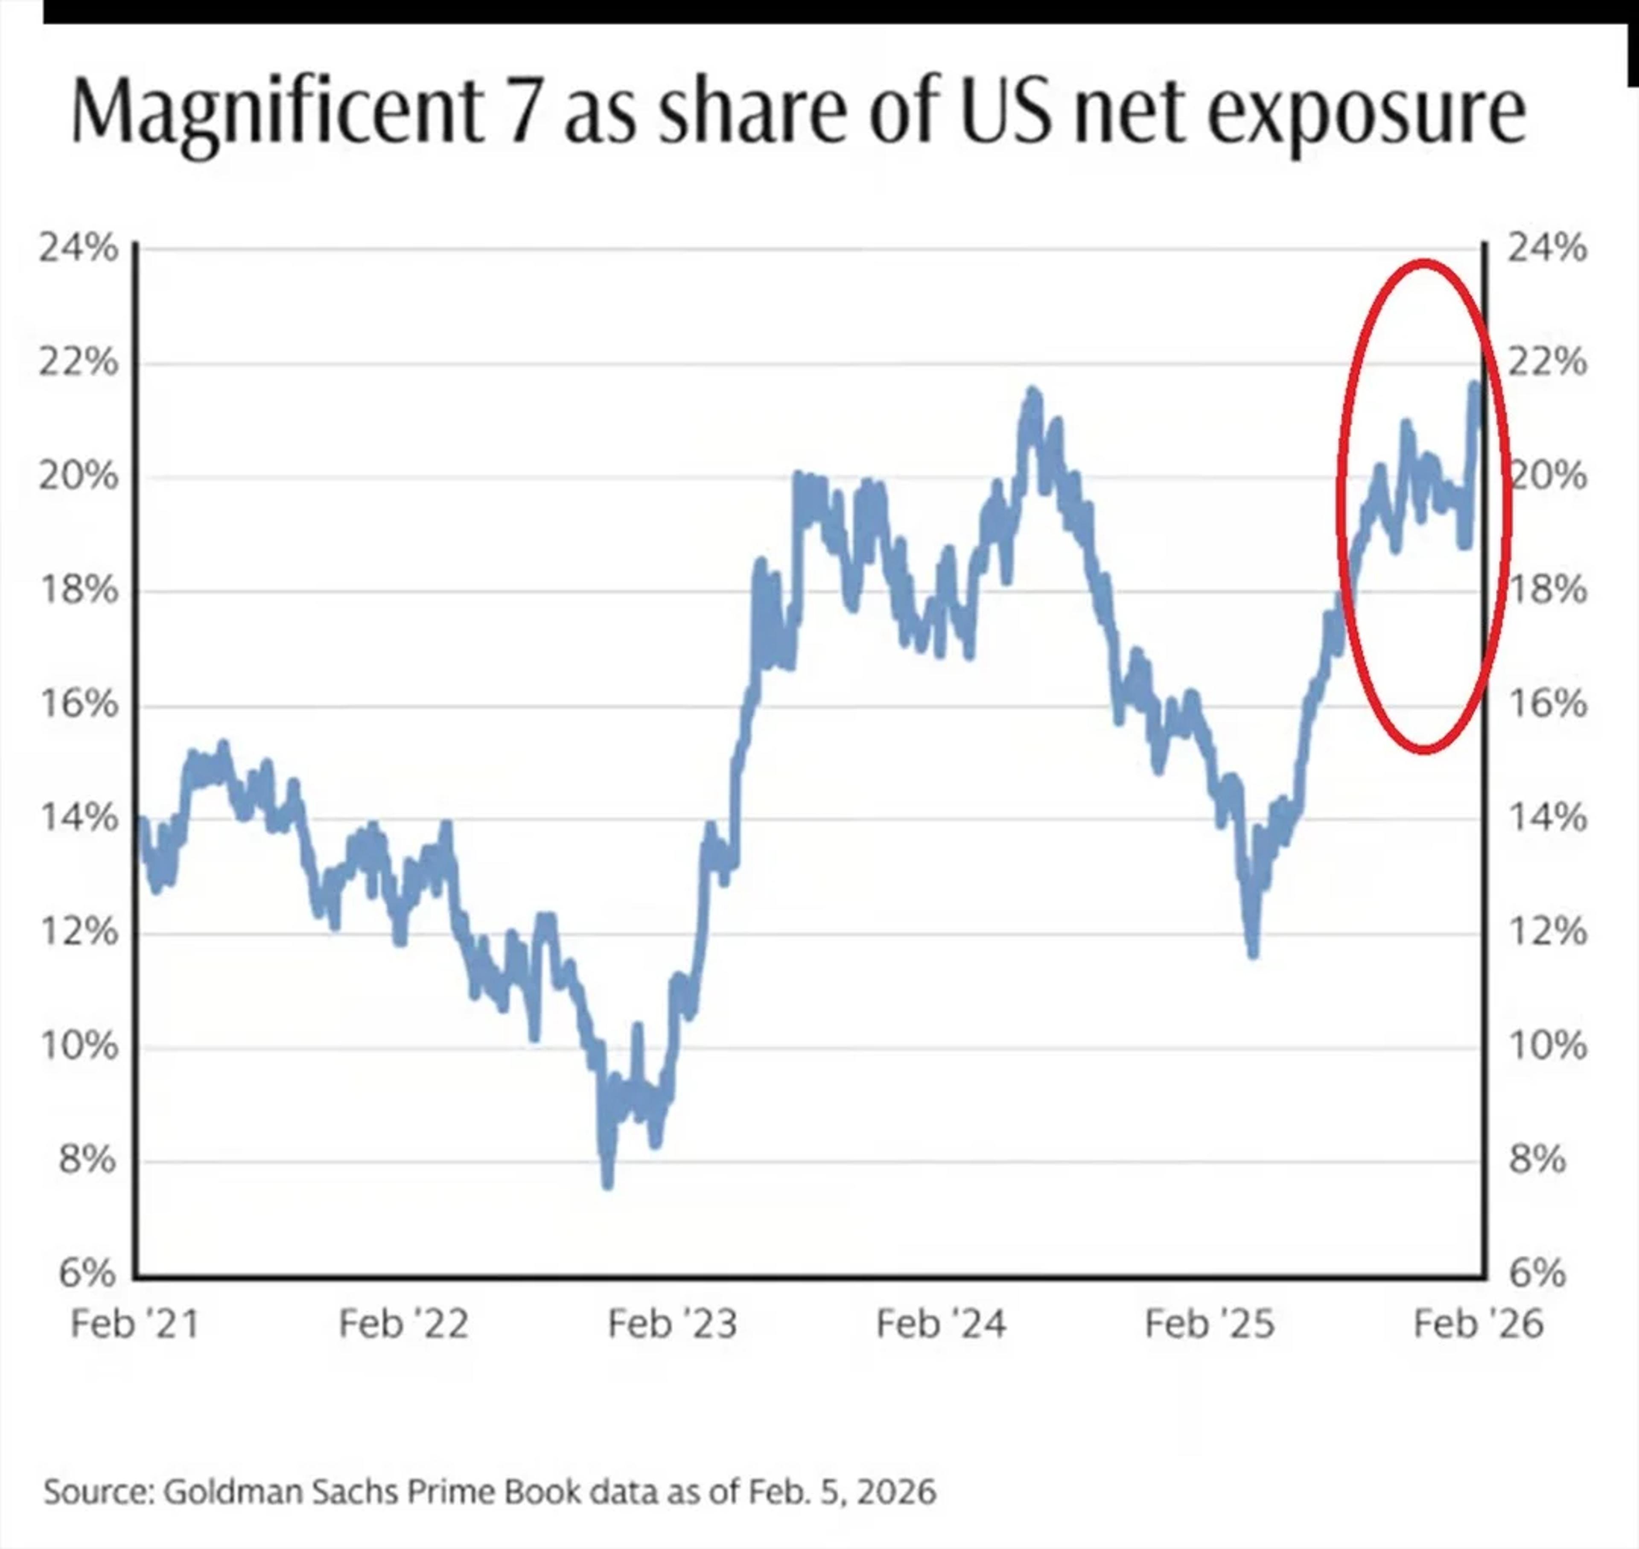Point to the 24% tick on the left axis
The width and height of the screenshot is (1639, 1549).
point(79,247)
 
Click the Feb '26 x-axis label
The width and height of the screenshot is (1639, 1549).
point(1478,1324)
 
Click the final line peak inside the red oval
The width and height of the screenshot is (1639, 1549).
point(1474,387)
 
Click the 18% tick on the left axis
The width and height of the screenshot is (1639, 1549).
point(79,591)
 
